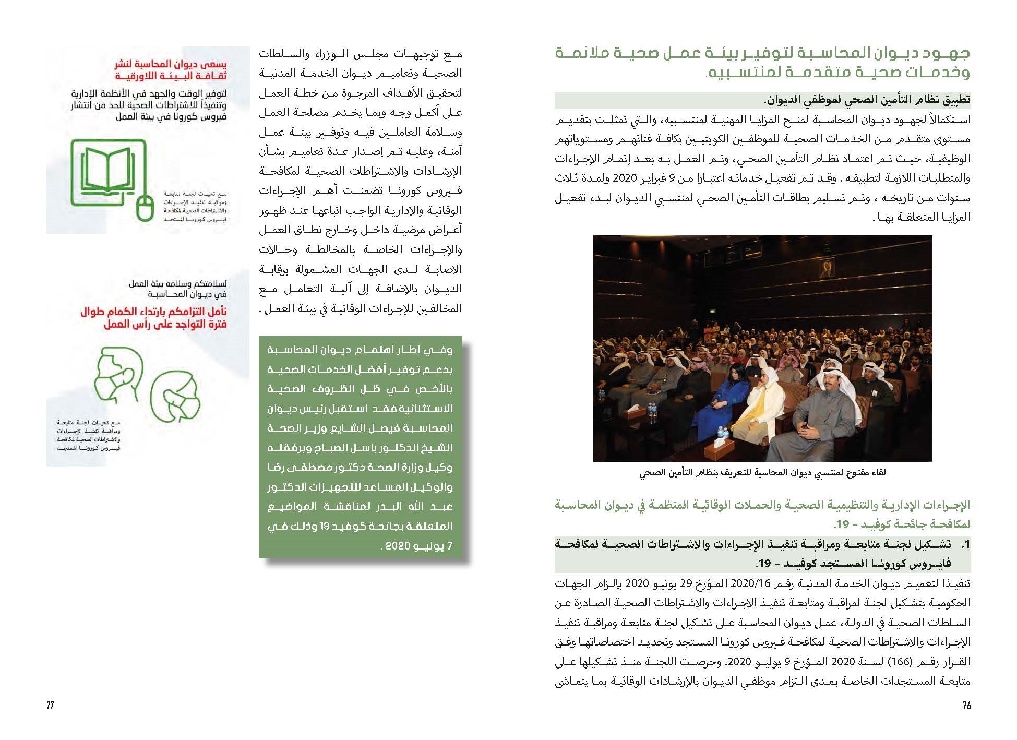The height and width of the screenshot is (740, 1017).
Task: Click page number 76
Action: click(x=966, y=706)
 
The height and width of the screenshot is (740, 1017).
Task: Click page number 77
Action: click(x=50, y=706)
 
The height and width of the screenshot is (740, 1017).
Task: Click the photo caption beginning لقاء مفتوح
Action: click(x=762, y=473)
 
